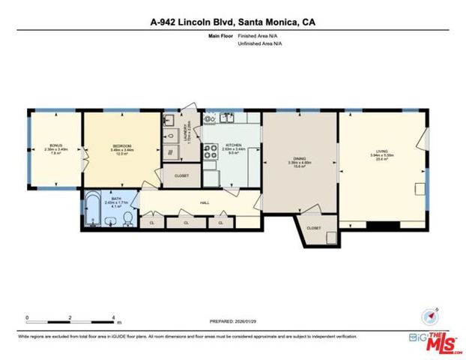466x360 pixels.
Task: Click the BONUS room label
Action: (55, 145)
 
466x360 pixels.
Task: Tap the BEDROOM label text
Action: (121, 145)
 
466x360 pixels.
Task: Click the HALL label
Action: (204, 202)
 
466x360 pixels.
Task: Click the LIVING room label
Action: (382, 152)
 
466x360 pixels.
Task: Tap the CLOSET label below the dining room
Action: (313, 227)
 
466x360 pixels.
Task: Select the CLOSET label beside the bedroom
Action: (181, 175)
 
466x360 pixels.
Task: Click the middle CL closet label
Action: (187, 223)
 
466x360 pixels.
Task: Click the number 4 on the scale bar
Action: (113, 317)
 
